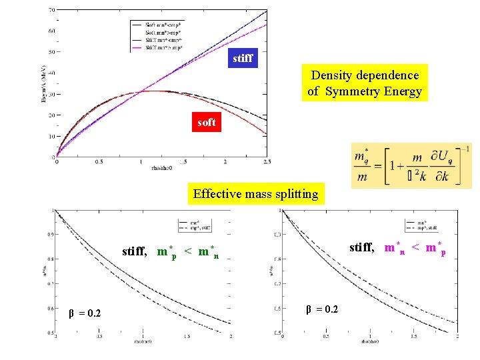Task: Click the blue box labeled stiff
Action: tap(243, 58)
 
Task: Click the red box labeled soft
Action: tap(207, 123)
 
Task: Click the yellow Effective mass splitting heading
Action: tap(256, 194)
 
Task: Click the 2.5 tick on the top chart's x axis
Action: tap(267, 161)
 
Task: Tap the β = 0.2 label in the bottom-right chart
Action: tap(321, 309)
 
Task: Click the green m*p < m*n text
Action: tap(189, 252)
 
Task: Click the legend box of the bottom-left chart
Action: tap(198, 227)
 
